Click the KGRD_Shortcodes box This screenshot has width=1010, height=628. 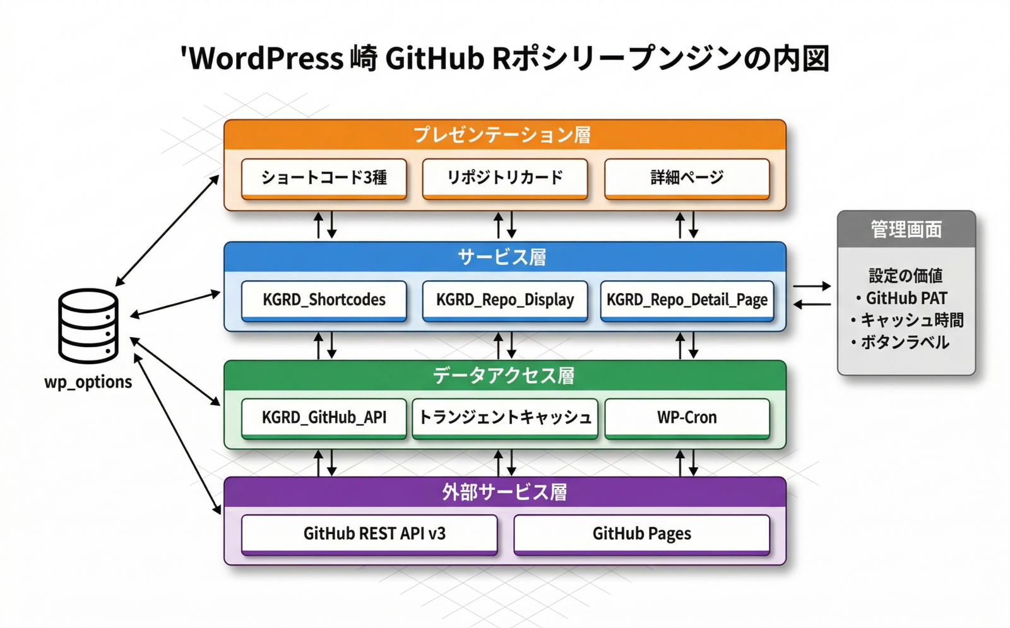point(324,300)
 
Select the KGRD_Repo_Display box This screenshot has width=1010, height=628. point(505,300)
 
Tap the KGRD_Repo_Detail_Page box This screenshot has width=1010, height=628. point(687,300)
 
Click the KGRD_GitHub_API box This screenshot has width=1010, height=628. point(324,417)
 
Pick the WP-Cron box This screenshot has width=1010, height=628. point(687,417)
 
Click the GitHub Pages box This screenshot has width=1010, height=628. point(641,534)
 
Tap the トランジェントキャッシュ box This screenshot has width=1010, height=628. point(505,417)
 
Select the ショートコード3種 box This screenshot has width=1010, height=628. point(324,178)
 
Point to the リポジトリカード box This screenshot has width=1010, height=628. point(505,178)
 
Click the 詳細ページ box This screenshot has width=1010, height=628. point(687,178)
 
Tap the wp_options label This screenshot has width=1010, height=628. point(88,382)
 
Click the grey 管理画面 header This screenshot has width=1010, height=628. point(906,229)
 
